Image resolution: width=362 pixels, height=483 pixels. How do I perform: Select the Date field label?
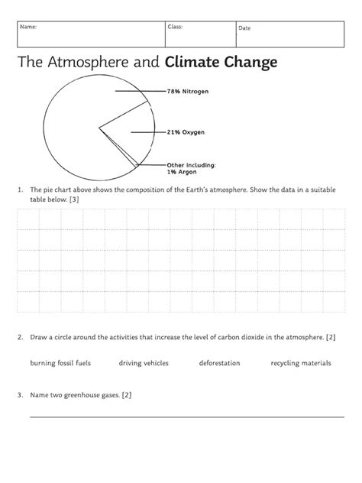tap(244, 28)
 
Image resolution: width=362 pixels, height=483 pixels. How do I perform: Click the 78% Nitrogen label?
tap(187, 91)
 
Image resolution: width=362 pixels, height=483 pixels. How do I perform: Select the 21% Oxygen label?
tap(186, 131)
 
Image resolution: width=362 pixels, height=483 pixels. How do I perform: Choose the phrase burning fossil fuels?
tap(60, 363)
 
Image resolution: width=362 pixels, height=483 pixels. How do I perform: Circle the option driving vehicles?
tap(144, 363)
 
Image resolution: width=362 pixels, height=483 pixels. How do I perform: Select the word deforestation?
tap(220, 363)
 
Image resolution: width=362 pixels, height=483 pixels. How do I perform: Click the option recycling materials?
tap(301, 363)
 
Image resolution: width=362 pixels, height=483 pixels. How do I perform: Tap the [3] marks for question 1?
tap(73, 199)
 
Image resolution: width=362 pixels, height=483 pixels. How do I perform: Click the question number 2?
tap(18, 336)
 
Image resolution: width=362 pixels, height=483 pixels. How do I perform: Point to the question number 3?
tap(18, 395)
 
